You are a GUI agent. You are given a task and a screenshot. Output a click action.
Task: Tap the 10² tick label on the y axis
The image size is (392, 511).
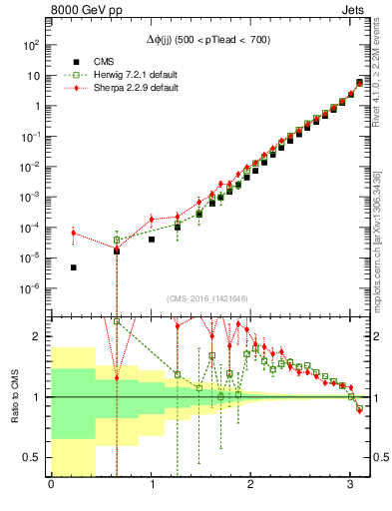pos(32,45)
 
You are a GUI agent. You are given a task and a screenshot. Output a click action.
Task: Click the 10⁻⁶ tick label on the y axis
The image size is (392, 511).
pos(31,288)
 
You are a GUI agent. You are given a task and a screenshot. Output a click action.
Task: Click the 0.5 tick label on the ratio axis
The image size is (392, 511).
pos(35,457)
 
